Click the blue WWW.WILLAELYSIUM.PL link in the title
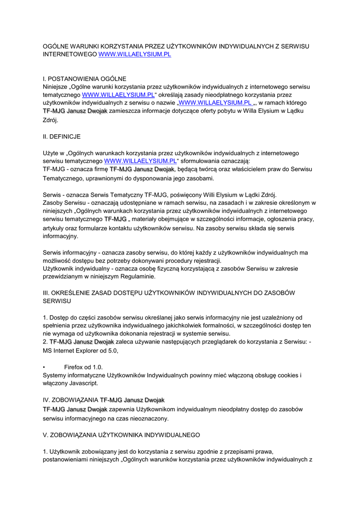[135, 54]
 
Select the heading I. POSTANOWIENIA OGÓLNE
[85, 79]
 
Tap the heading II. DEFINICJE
[62, 136]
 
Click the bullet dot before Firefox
[45, 367]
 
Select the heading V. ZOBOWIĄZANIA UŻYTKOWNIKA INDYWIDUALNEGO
[121, 435]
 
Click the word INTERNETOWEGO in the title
[70, 54]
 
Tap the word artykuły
[55, 228]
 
